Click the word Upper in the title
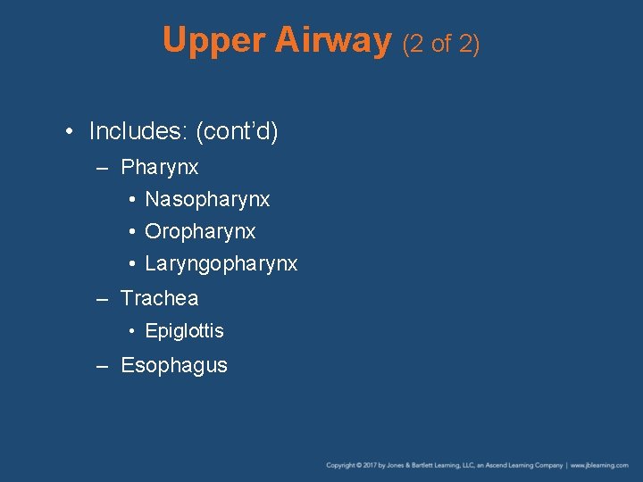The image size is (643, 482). (215, 41)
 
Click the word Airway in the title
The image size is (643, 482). (334, 41)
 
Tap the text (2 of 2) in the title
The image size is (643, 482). (441, 43)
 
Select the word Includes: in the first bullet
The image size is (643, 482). (138, 132)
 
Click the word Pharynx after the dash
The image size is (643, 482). (160, 168)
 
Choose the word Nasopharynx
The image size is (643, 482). (207, 200)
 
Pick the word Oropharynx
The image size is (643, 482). (200, 232)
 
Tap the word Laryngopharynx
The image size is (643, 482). (221, 264)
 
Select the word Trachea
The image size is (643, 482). (160, 298)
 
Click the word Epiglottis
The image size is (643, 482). (184, 331)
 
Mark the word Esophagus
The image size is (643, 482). (174, 365)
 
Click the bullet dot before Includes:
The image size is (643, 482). (70, 132)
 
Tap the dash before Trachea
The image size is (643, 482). (104, 298)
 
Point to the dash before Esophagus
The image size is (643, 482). (104, 365)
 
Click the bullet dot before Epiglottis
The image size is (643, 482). (131, 331)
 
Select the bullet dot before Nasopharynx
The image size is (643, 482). (131, 200)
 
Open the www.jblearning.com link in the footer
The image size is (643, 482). (599, 465)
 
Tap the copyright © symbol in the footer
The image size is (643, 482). (357, 465)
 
